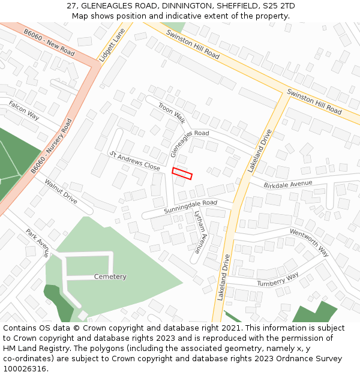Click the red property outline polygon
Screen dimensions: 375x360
182,173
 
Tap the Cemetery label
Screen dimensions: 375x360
110,277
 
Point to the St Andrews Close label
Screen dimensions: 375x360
134,160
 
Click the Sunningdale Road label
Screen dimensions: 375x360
190,207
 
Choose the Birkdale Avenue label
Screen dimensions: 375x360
288,184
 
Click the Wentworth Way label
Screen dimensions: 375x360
309,242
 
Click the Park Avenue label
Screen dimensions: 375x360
37,242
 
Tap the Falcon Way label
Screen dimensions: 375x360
24,111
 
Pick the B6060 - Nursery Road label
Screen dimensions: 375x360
52,146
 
